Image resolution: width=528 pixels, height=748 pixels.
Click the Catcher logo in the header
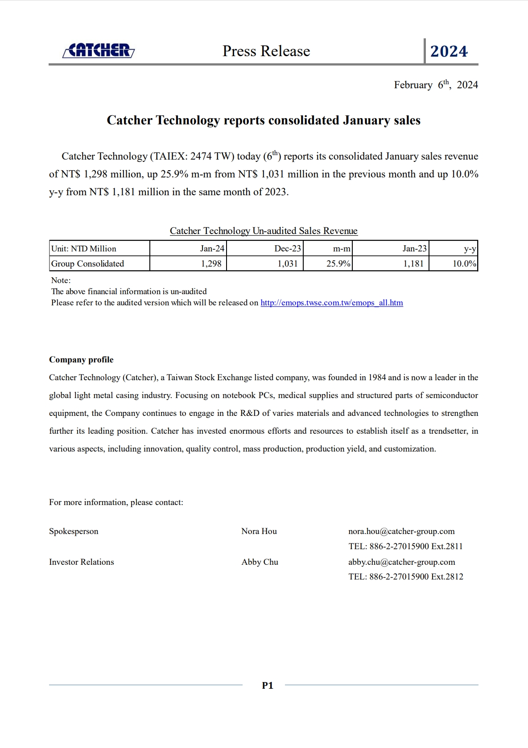coord(99,50)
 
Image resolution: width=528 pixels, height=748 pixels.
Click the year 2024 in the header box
coord(449,51)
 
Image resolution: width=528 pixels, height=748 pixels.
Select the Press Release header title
coord(266,51)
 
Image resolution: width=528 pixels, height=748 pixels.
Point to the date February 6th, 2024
coord(436,85)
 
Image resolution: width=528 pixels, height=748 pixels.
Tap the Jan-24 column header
coord(212,248)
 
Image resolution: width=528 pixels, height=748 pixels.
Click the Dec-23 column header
coord(288,248)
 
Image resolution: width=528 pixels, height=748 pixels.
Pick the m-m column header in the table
coord(342,248)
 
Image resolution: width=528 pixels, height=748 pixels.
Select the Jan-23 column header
coord(414,248)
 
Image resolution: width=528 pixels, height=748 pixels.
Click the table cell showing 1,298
coord(211,263)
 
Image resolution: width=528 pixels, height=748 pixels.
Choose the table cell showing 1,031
coord(288,263)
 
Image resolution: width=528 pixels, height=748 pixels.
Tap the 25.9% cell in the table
coord(338,263)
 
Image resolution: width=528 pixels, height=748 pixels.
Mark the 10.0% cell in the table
coord(464,263)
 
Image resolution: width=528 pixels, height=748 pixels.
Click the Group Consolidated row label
coord(87,263)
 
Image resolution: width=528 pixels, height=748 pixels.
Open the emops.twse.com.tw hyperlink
coord(331,303)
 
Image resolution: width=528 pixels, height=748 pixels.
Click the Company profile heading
coord(81,360)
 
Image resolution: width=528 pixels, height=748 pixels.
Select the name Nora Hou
coord(259,531)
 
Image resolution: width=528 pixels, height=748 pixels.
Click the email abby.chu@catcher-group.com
coord(401,562)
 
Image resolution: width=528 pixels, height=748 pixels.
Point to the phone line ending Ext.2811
coord(405,547)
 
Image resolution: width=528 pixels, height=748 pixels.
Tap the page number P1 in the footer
coord(268,686)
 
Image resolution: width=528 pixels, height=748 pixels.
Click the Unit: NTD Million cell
coord(84,249)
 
